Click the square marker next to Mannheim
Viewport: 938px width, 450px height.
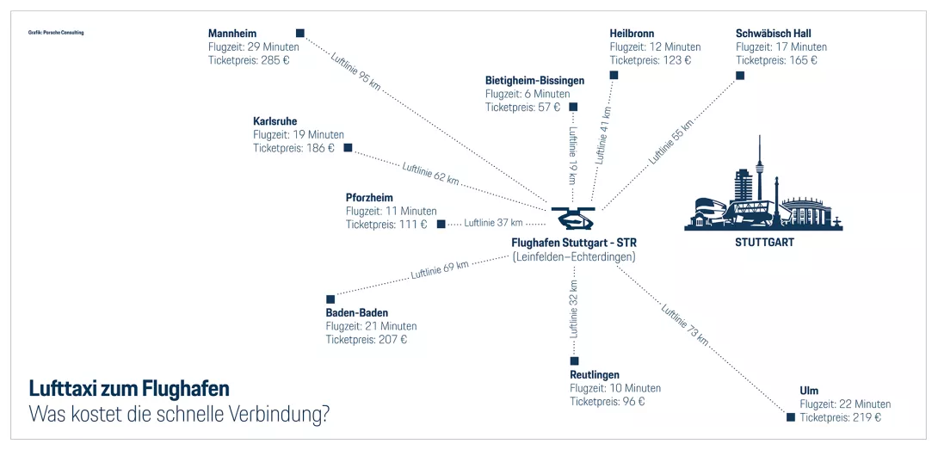pos(300,34)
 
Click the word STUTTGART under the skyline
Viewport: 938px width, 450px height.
pos(764,243)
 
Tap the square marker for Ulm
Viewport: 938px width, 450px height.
pos(791,417)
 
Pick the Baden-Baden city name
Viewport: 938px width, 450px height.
pos(356,312)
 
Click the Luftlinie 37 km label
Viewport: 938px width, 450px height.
pos(493,223)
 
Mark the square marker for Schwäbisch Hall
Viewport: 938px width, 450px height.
pos(740,76)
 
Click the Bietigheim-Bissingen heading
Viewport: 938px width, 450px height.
pos(534,80)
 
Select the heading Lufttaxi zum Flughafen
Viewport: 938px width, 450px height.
pos(129,388)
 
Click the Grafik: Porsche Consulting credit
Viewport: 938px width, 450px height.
pos(56,33)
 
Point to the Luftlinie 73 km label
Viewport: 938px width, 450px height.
pos(685,325)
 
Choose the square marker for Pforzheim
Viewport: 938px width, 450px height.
pos(441,225)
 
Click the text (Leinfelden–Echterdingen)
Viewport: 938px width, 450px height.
pos(574,256)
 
